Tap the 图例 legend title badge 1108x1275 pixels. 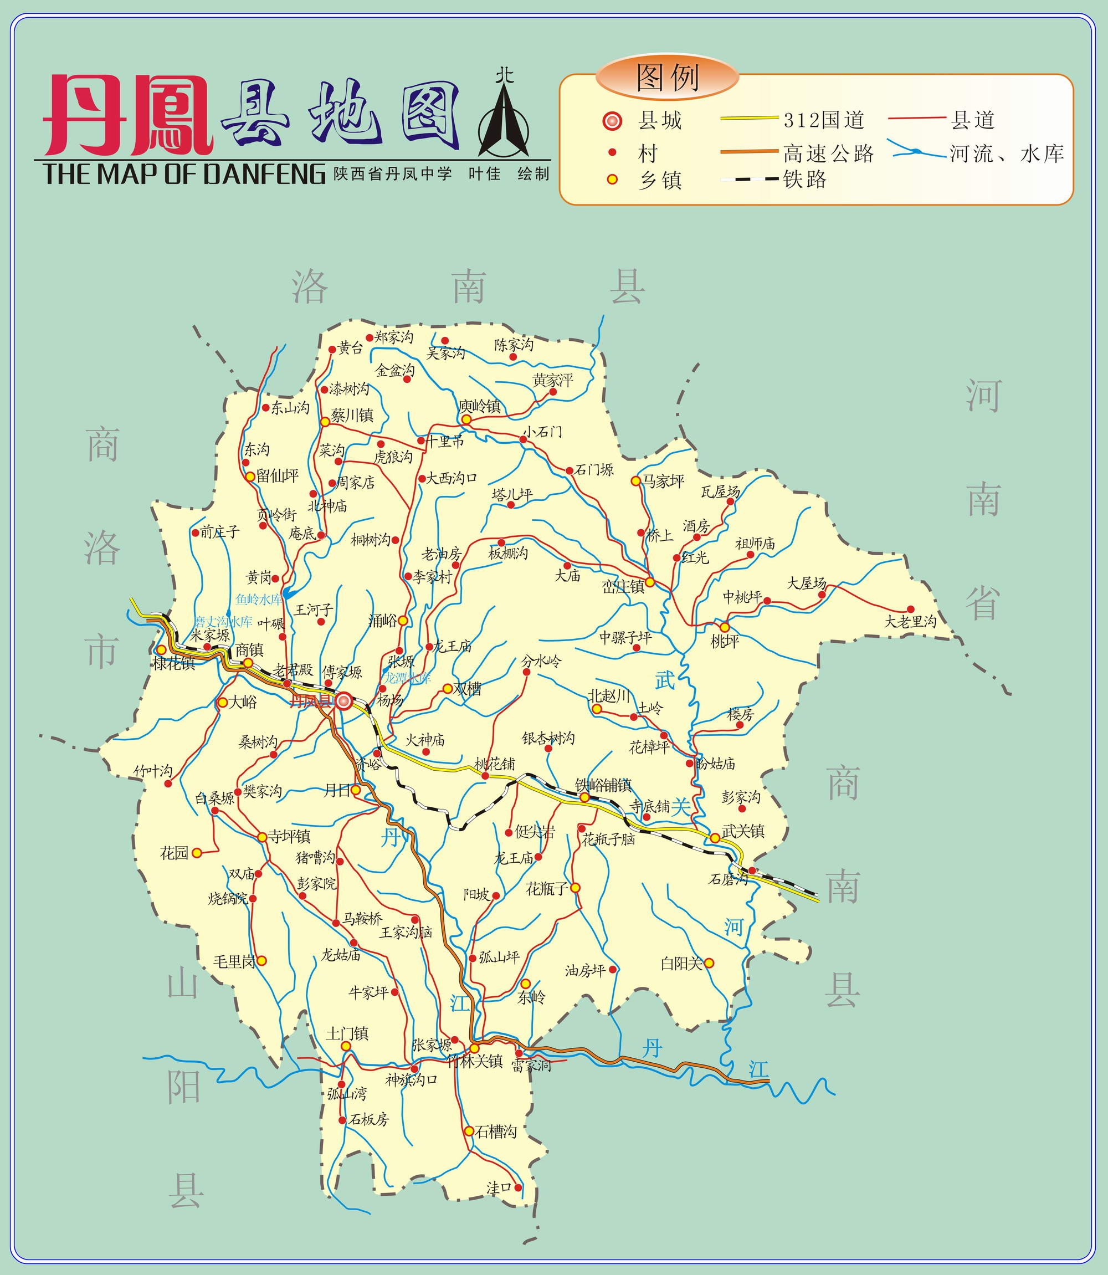tap(667, 76)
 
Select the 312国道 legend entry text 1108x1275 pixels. tap(824, 120)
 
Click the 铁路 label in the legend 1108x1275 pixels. tap(804, 180)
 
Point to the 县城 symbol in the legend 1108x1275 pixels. tap(612, 121)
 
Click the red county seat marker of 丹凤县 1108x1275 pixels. tap(344, 700)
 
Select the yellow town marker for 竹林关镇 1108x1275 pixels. tap(474, 1048)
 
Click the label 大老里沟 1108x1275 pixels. tap(910, 621)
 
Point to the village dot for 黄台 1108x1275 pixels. tap(332, 349)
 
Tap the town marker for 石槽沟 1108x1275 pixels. tap(469, 1131)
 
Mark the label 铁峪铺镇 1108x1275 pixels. tap(603, 785)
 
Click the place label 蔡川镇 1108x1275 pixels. tap(352, 416)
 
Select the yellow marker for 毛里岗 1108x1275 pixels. tap(261, 960)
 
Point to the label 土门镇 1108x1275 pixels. tap(347, 1033)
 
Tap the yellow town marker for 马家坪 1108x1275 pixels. tap(635, 480)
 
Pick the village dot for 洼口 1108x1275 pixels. tap(518, 1187)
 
